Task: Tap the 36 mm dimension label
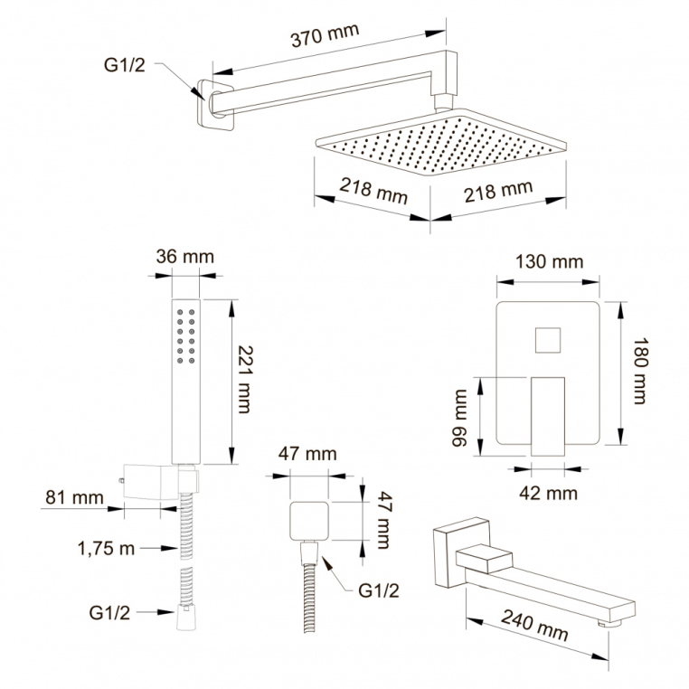(x=185, y=257)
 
